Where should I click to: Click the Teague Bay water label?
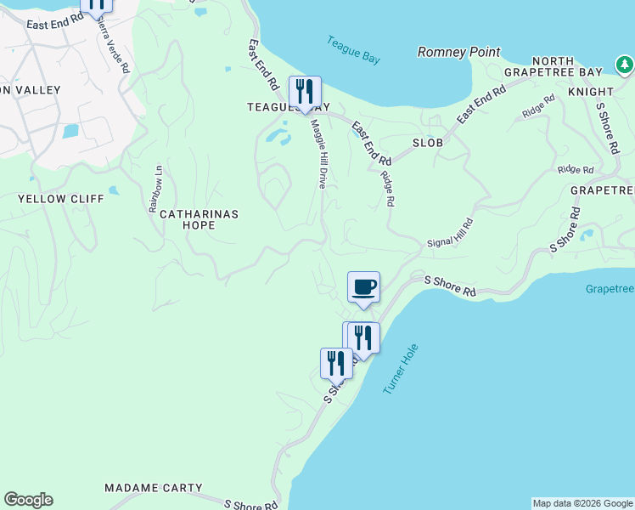click(353, 49)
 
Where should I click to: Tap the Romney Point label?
click(458, 52)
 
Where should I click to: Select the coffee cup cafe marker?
click(363, 287)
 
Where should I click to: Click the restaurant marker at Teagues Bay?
click(305, 92)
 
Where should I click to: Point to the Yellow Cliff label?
click(61, 199)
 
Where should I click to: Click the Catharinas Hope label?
click(199, 219)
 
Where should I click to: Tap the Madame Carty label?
click(154, 488)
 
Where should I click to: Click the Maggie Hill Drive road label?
click(317, 153)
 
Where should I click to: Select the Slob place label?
click(428, 143)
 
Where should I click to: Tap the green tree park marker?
click(624, 65)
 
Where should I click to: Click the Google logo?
click(28, 500)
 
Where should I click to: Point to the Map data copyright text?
click(582, 503)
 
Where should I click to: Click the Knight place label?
click(591, 91)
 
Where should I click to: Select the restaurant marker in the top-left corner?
click(96, 4)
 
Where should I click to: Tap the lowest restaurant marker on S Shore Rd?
click(336, 363)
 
